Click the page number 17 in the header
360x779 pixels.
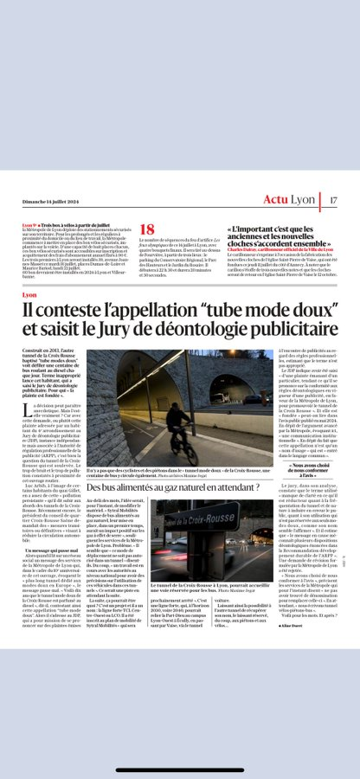(x=333, y=200)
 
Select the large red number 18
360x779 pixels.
(x=147, y=230)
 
